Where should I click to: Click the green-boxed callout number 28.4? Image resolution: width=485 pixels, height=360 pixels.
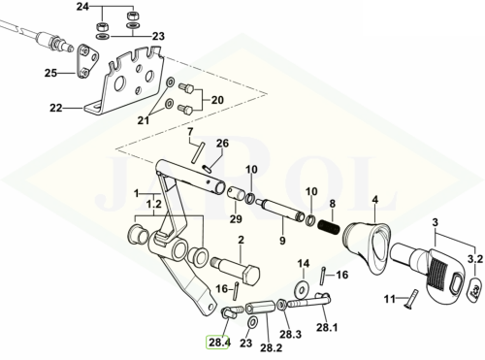click(219, 343)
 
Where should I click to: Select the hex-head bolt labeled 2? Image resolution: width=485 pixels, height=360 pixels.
click(236, 271)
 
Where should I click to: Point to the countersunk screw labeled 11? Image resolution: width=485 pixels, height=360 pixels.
click(411, 298)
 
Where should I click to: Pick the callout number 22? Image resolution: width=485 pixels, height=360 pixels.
click(56, 108)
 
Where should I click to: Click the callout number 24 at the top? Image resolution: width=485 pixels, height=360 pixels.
click(82, 7)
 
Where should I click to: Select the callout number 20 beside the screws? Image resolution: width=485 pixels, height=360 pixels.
click(217, 100)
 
